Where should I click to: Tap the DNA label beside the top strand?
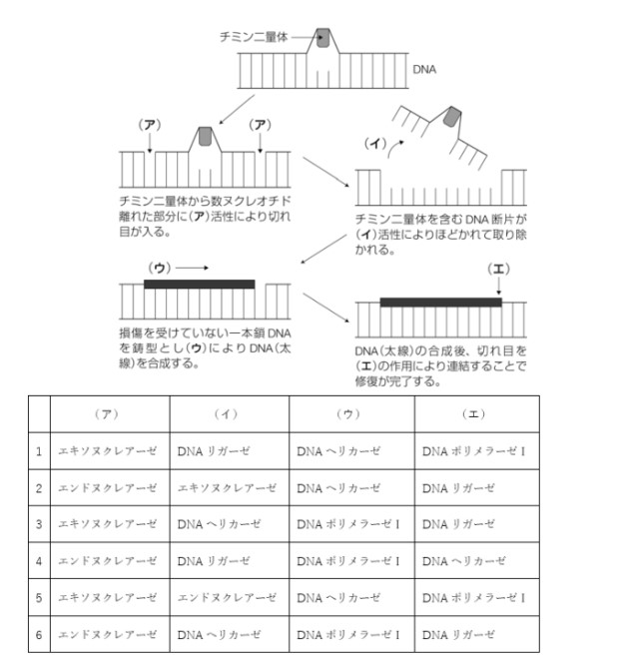pyautogui.click(x=424, y=70)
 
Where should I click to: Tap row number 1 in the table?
pyautogui.click(x=39, y=451)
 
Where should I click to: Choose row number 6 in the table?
pyautogui.click(x=39, y=634)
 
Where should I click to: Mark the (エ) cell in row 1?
pyautogui.click(x=473, y=451)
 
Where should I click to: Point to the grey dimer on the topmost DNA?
pyautogui.click(x=326, y=39)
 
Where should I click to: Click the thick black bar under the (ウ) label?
pyautogui.click(x=200, y=284)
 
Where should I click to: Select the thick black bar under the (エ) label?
pyautogui.click(x=440, y=302)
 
